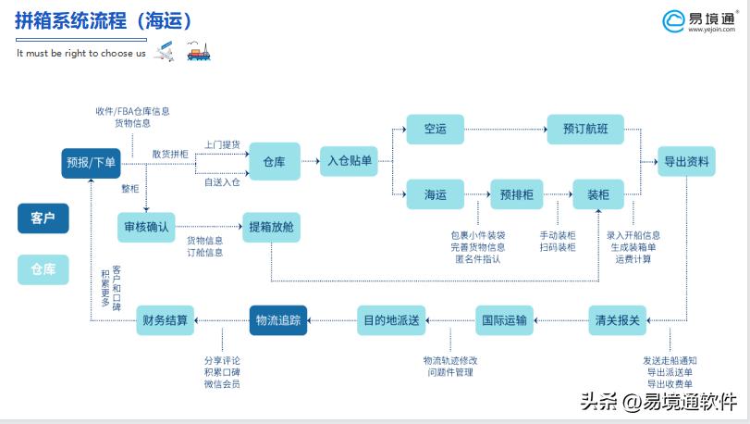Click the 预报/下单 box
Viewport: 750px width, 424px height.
pyautogui.click(x=92, y=163)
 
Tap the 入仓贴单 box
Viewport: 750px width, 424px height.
pyautogui.click(x=350, y=161)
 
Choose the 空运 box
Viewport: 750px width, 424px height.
pyautogui.click(x=436, y=129)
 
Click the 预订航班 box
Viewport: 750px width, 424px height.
pyautogui.click(x=585, y=129)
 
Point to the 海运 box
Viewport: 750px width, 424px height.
pyautogui.click(x=436, y=194)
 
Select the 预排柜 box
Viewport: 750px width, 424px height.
pyautogui.click(x=516, y=194)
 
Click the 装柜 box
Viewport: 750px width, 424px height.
pyautogui.click(x=598, y=194)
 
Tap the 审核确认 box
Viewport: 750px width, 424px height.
pyautogui.click(x=147, y=227)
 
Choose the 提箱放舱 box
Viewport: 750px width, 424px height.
pyautogui.click(x=272, y=227)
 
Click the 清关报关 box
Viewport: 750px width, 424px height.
pyautogui.click(x=615, y=320)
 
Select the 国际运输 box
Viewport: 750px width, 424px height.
pyautogui.click(x=505, y=320)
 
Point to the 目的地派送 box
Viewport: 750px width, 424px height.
pyautogui.click(x=390, y=320)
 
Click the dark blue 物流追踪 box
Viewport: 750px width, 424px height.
pyautogui.click(x=278, y=320)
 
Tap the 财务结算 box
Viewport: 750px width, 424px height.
pyautogui.click(x=165, y=320)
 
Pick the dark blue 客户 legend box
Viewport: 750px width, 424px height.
pyautogui.click(x=43, y=218)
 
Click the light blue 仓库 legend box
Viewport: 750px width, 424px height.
pyautogui.click(x=43, y=269)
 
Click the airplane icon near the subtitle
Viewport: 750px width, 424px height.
pyautogui.click(x=164, y=53)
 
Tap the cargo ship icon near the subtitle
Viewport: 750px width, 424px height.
pyautogui.click(x=197, y=51)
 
